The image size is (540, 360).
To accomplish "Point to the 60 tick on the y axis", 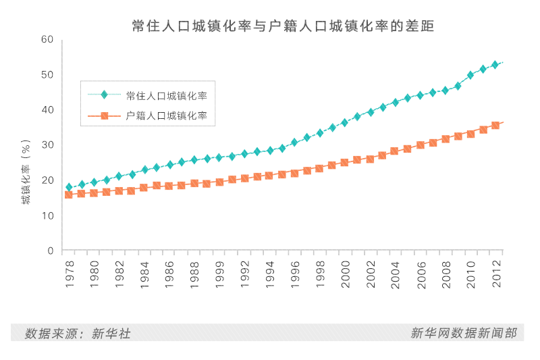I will [x=47, y=39].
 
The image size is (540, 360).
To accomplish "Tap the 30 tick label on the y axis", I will [x=47, y=145].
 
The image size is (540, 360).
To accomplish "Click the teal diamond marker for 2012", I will [x=495, y=65].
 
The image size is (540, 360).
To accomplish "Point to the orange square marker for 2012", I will [x=495, y=125].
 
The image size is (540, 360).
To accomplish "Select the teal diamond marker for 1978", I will [x=69, y=187].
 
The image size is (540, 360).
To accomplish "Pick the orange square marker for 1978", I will [x=69, y=195].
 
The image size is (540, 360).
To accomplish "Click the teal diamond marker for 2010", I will [x=470, y=75].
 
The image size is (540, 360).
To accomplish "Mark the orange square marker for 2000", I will [x=344, y=162].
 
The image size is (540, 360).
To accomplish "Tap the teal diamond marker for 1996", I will [x=294, y=143].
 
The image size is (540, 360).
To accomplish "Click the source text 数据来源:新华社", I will [x=78, y=333].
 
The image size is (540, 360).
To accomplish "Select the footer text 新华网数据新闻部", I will [x=464, y=333].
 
